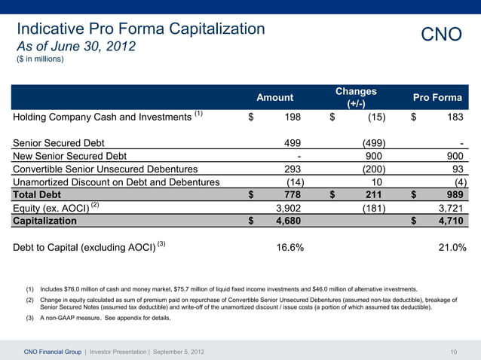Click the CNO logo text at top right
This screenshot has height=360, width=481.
pos(441,35)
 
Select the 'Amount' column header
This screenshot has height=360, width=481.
pos(275,97)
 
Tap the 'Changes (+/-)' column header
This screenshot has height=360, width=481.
pos(356,97)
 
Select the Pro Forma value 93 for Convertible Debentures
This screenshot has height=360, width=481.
pos(458,169)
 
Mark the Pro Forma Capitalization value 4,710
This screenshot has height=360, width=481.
pos(450,221)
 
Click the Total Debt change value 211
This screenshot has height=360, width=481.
pos(375,195)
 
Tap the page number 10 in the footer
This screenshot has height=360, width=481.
pos(454,352)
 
